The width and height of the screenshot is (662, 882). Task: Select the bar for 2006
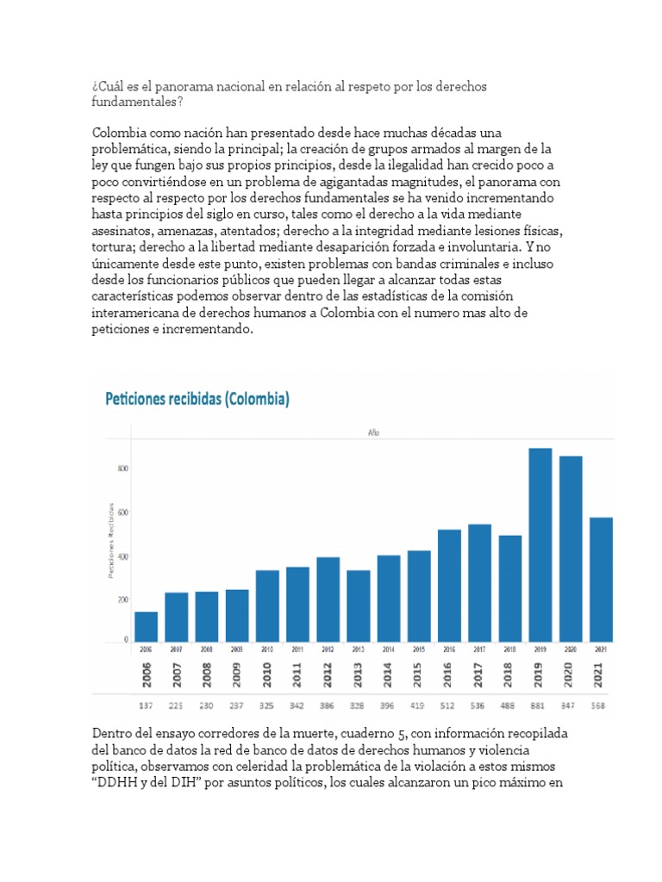pyautogui.click(x=146, y=626)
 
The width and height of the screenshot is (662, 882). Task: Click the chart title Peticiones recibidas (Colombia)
pyautogui.click(x=197, y=399)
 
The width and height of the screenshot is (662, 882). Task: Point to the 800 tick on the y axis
pyautogui.click(x=123, y=469)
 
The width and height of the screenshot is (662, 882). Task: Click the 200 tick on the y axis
pyautogui.click(x=123, y=599)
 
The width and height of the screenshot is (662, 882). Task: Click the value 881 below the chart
pyautogui.click(x=540, y=706)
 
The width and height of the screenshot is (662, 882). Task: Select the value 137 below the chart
pyautogui.click(x=146, y=706)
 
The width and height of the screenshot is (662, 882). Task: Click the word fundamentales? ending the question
pyautogui.click(x=136, y=102)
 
